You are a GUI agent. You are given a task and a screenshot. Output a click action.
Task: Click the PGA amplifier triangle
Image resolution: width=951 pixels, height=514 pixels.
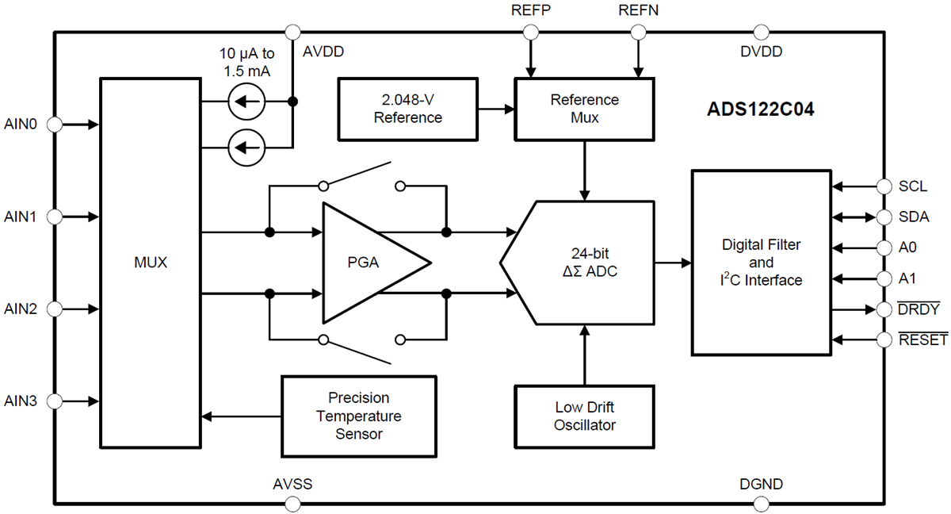pos(369,263)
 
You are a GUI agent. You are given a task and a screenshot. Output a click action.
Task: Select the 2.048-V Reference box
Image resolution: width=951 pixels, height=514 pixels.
pos(408,109)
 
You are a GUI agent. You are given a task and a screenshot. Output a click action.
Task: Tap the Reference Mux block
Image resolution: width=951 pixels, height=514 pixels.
pos(585,109)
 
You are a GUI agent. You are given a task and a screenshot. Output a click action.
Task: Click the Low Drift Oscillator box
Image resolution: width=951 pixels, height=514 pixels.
pos(585,416)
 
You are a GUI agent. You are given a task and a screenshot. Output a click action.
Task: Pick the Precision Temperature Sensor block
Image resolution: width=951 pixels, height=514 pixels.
pos(359,416)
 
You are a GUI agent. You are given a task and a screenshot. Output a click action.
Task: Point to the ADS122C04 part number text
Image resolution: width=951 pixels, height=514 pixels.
pos(760,110)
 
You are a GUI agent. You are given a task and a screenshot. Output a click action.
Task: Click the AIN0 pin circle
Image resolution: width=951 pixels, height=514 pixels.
pos(54,125)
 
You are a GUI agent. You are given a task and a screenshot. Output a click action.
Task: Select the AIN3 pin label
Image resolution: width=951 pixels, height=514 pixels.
pos(21,401)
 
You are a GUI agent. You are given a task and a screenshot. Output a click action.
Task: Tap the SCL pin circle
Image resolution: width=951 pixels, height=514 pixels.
pos(884,186)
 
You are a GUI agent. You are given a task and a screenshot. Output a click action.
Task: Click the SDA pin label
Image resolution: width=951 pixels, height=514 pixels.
pos(914,217)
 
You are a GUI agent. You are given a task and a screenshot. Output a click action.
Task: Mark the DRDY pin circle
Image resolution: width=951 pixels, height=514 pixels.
pos(884,309)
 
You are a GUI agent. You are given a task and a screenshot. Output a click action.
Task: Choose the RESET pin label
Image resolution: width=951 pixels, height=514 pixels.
pos(922,340)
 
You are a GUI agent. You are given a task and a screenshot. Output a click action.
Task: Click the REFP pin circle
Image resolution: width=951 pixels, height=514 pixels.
pos(530,33)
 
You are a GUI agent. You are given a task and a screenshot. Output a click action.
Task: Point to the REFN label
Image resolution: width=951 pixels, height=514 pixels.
pos(637,11)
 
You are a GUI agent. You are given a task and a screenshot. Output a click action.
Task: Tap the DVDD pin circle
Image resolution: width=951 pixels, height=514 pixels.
pos(761,33)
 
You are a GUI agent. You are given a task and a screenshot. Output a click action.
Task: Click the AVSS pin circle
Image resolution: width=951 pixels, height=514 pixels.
pos(292,503)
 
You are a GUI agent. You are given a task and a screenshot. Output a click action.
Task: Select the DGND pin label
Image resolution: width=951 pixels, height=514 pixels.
pos(761,484)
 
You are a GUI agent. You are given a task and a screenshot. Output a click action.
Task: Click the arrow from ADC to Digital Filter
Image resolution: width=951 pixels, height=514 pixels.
pos(673,263)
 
